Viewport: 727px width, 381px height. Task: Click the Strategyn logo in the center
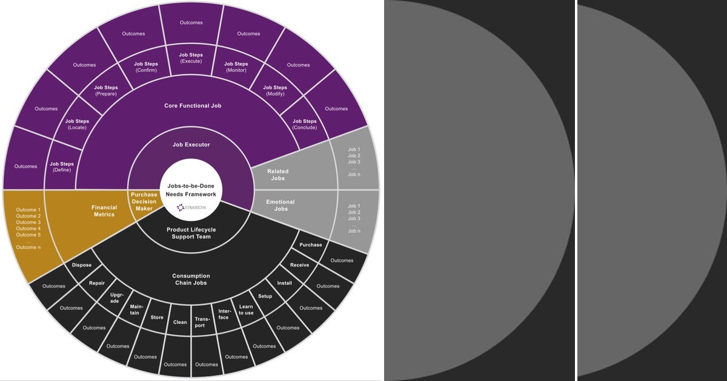(191, 207)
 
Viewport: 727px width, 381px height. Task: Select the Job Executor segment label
(191, 145)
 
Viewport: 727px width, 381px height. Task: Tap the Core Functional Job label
(193, 106)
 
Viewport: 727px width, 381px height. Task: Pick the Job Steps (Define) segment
(62, 167)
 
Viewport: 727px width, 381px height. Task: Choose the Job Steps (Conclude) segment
(304, 124)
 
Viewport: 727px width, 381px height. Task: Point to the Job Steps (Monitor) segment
(236, 67)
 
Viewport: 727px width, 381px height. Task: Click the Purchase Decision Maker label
(144, 201)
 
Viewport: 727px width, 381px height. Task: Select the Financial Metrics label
(104, 211)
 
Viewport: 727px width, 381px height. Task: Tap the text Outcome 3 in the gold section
(28, 223)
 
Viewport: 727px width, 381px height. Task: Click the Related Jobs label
(278, 175)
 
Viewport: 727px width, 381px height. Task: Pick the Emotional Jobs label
(281, 205)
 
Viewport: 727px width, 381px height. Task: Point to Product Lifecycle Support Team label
(191, 233)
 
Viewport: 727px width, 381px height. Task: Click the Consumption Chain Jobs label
(191, 279)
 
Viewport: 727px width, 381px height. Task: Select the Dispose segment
(82, 265)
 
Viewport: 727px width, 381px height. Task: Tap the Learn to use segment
(246, 310)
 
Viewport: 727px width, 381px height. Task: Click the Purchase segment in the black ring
(311, 244)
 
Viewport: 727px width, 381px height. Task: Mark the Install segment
(284, 283)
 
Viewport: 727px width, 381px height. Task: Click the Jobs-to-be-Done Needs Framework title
(191, 190)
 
